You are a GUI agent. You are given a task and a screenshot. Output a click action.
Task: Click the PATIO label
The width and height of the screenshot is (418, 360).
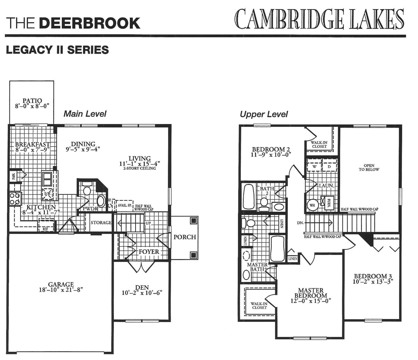coord(32,101)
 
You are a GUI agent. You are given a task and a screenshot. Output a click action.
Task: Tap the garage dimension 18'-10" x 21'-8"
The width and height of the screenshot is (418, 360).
coord(61,290)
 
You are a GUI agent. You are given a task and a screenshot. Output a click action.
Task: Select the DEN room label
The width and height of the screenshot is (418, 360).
coord(142,287)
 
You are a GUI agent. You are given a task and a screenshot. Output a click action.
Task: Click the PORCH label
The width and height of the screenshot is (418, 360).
coord(184,237)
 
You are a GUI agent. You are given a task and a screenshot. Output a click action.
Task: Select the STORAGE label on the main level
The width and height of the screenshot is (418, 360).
coord(101,223)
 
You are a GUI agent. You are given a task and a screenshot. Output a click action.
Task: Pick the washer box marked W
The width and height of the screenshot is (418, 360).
coord(314,167)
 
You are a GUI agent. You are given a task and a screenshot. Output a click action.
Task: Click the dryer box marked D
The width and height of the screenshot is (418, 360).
coord(329,167)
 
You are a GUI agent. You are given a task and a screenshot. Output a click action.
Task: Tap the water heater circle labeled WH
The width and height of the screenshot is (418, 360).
coord(312,205)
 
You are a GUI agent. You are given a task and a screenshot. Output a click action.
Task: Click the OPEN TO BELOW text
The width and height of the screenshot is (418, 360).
coord(369,168)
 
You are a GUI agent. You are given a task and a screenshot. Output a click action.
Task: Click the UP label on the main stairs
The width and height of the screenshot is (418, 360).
coord(148,223)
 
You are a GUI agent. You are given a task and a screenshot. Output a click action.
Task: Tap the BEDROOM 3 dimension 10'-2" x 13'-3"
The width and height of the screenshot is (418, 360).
coord(373,282)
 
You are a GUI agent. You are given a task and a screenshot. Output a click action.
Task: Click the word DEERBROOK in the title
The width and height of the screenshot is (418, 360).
coord(90,23)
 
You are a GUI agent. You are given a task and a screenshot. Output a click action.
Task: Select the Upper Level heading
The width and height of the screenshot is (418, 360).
coord(264,114)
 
